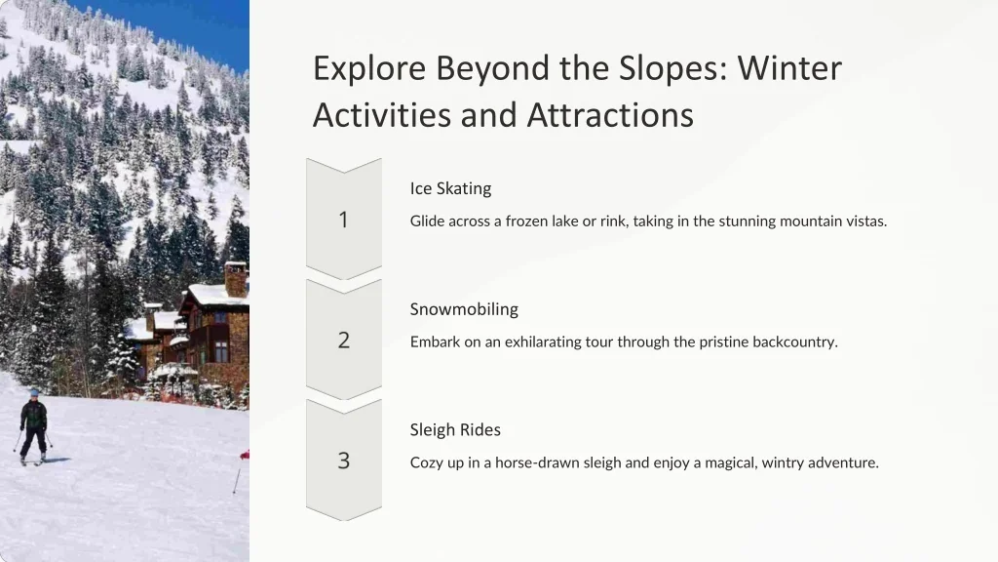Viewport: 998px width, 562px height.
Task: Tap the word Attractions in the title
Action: tap(610, 115)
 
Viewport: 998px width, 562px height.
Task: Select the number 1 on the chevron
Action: tap(344, 220)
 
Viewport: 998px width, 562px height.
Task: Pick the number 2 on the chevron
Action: tap(344, 341)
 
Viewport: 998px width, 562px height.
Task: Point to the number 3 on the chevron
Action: tap(344, 461)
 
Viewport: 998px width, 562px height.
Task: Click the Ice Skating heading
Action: tap(450, 188)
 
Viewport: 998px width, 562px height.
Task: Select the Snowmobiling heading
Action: tap(464, 309)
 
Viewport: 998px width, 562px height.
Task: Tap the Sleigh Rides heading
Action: tap(455, 430)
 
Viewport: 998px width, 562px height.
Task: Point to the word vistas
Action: tap(866, 221)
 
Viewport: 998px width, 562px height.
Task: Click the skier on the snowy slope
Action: tap(33, 426)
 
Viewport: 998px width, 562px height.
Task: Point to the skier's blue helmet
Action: tap(34, 393)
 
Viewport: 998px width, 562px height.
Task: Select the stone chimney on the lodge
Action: tap(236, 279)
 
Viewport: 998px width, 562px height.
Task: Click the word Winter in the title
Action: tap(789, 69)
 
